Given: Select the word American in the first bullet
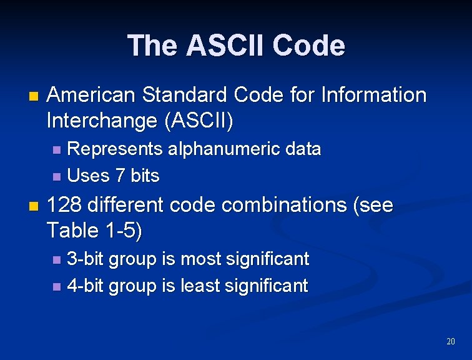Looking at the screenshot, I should (x=92, y=96).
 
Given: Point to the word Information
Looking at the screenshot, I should (x=373, y=96).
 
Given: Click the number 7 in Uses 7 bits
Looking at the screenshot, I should (x=120, y=176).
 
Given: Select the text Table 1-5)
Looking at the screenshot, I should (x=95, y=231).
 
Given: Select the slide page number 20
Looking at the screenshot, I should (x=450, y=341).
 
